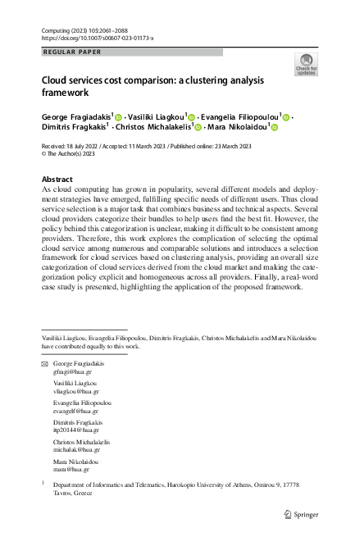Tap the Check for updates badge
(x=305, y=64)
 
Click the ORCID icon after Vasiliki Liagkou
(x=193, y=118)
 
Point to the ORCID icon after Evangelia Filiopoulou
(x=286, y=118)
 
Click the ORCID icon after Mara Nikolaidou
(x=275, y=129)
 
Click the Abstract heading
(x=57, y=180)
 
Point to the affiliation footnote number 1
(x=43, y=484)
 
